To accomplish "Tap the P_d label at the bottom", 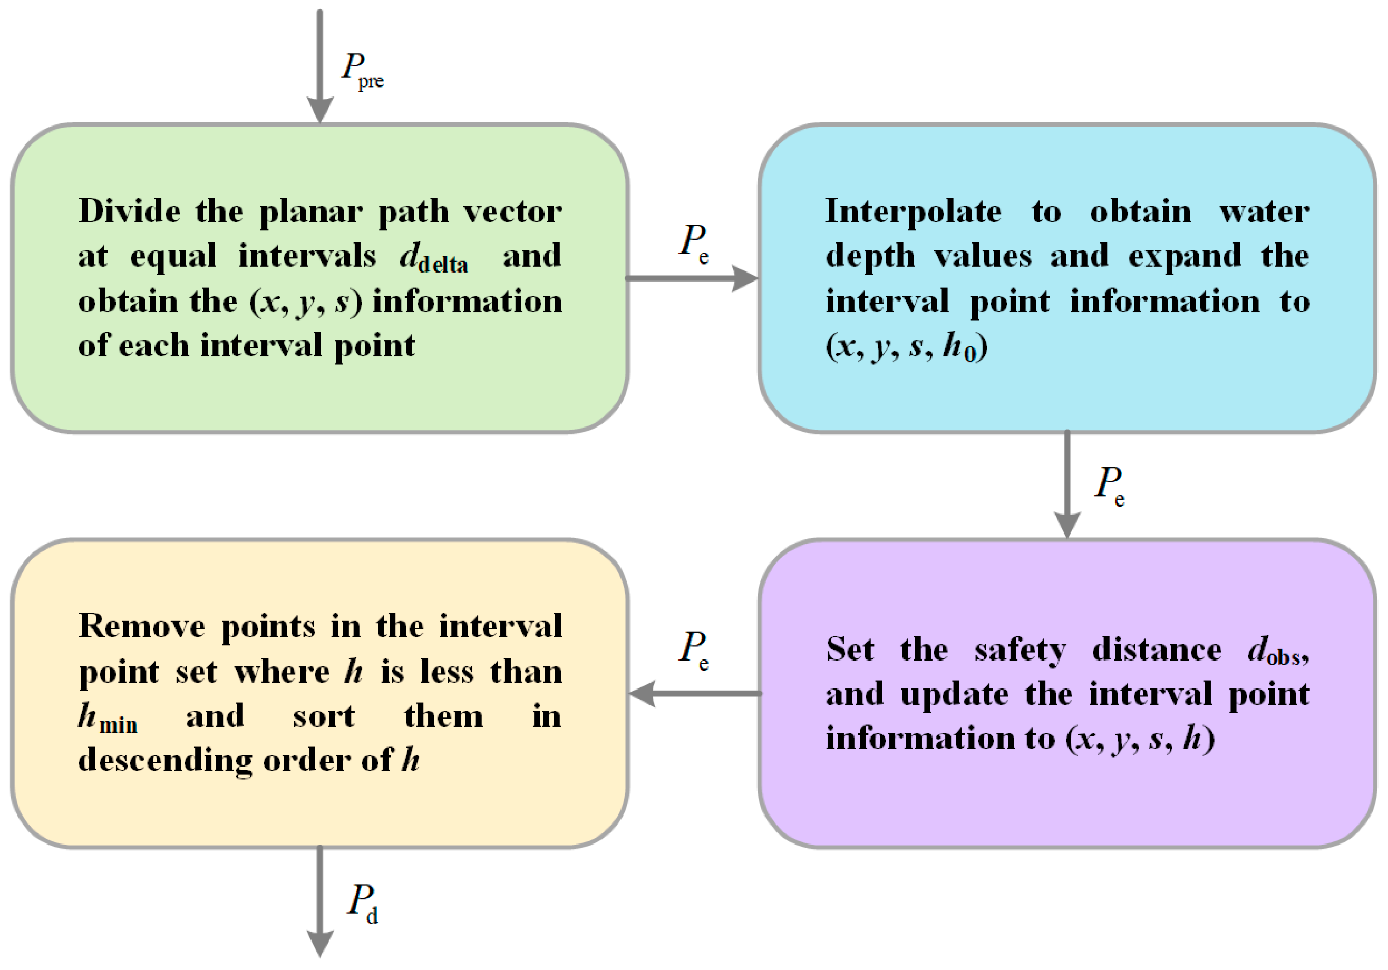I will click(363, 903).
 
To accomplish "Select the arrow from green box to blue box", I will click(692, 278).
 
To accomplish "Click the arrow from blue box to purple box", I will click(1067, 484).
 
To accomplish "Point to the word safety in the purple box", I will click(1020, 650).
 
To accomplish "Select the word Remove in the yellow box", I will click(141, 626).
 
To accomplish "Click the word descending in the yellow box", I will click(164, 761).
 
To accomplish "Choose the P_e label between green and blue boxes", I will click(694, 242).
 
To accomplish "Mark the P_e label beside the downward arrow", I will click(1109, 485).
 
